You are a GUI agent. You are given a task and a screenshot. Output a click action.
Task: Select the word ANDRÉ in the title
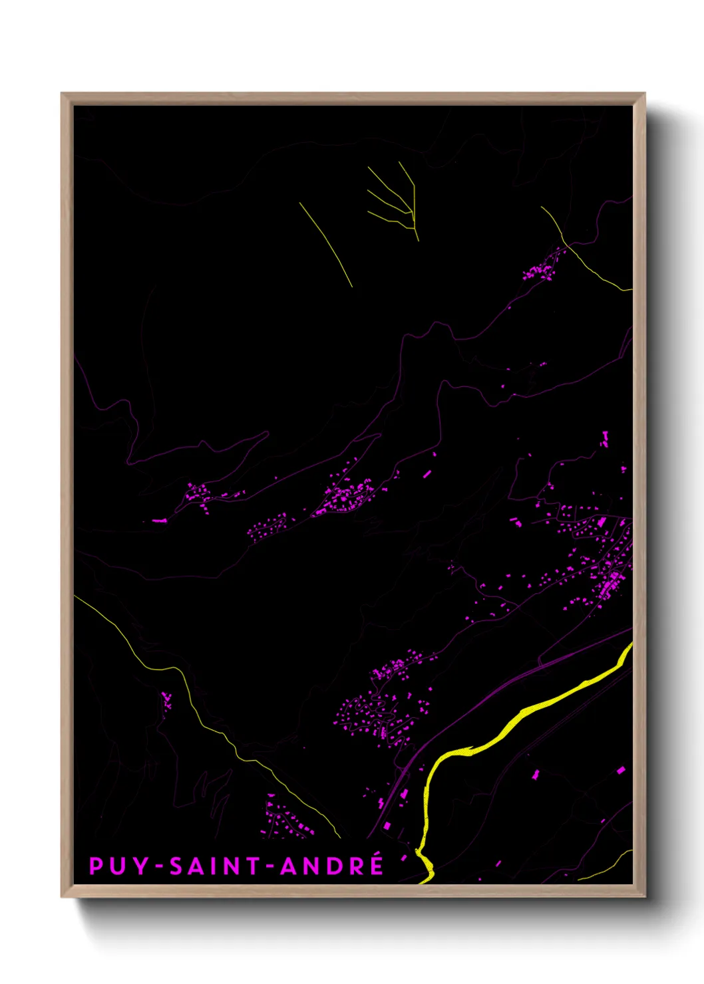(332, 866)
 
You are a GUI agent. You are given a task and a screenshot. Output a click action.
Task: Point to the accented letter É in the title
(377, 864)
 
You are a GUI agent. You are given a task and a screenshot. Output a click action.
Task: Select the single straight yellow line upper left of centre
(325, 244)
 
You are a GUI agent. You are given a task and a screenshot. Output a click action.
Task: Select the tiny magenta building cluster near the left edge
(166, 699)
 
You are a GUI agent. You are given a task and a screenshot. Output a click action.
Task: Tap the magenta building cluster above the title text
(286, 821)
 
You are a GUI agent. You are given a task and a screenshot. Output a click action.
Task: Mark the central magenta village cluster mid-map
(346, 495)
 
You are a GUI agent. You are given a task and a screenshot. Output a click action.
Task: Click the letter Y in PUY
(141, 866)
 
